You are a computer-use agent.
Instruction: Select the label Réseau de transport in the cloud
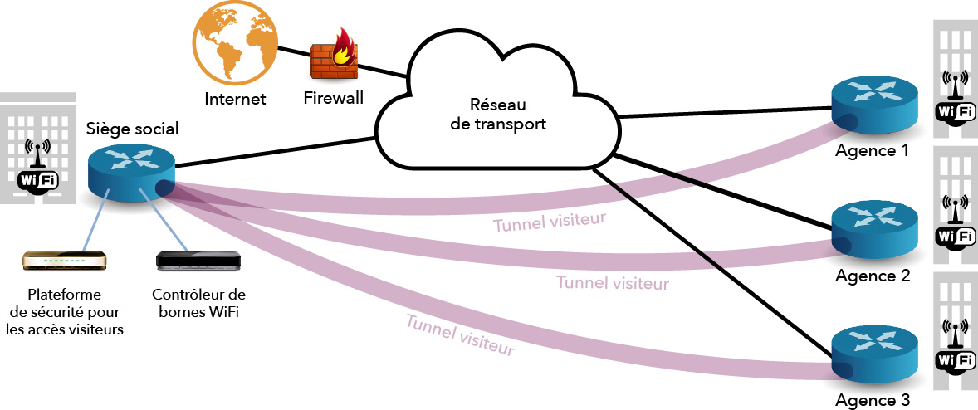coord(496,115)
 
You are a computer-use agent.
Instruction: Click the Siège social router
coord(130,171)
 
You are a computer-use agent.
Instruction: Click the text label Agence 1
coord(872,151)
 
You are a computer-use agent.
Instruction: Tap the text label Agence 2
coord(872,276)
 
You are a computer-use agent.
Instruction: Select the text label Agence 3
coord(872,399)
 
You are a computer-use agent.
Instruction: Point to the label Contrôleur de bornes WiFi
coord(198,303)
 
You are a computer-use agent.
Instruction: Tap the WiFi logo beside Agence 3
coord(956,349)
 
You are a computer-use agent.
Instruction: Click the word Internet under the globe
coord(235,100)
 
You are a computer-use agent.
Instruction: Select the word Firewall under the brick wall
coord(333,99)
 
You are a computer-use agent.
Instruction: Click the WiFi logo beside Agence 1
coord(956,100)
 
